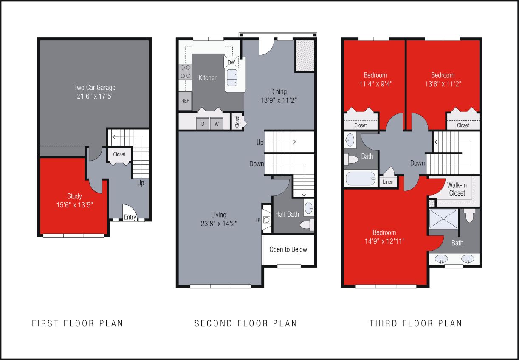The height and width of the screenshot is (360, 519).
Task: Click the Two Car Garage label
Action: [x=95, y=88]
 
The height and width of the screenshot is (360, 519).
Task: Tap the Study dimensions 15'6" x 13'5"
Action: [x=74, y=205]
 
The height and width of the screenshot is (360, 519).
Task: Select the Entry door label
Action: [x=130, y=217]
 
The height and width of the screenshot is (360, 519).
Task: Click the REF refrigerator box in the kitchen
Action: [x=185, y=101]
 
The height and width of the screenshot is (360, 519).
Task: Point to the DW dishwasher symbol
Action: [x=231, y=62]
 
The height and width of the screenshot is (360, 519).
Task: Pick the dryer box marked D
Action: [x=203, y=124]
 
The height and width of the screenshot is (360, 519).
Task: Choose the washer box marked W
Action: [x=216, y=124]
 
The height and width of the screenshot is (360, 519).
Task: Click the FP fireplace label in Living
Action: [x=258, y=220]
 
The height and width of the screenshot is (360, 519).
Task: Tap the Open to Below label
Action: [x=288, y=249]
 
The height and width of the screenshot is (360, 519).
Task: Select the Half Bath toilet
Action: [x=307, y=224]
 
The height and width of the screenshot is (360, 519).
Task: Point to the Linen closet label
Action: [x=388, y=182]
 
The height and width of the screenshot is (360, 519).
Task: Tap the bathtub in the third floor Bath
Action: [x=361, y=178]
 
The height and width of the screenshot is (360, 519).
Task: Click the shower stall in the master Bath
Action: [x=443, y=220]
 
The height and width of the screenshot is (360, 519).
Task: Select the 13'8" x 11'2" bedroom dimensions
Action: [x=443, y=84]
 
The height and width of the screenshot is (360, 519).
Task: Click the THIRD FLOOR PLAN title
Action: [x=415, y=323]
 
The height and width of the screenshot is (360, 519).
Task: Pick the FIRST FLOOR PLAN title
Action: [x=78, y=323]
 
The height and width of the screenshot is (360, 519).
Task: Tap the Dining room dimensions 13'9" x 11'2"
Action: [x=278, y=101]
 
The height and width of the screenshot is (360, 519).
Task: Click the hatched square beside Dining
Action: [x=305, y=56]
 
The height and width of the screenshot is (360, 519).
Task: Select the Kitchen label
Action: [x=208, y=78]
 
